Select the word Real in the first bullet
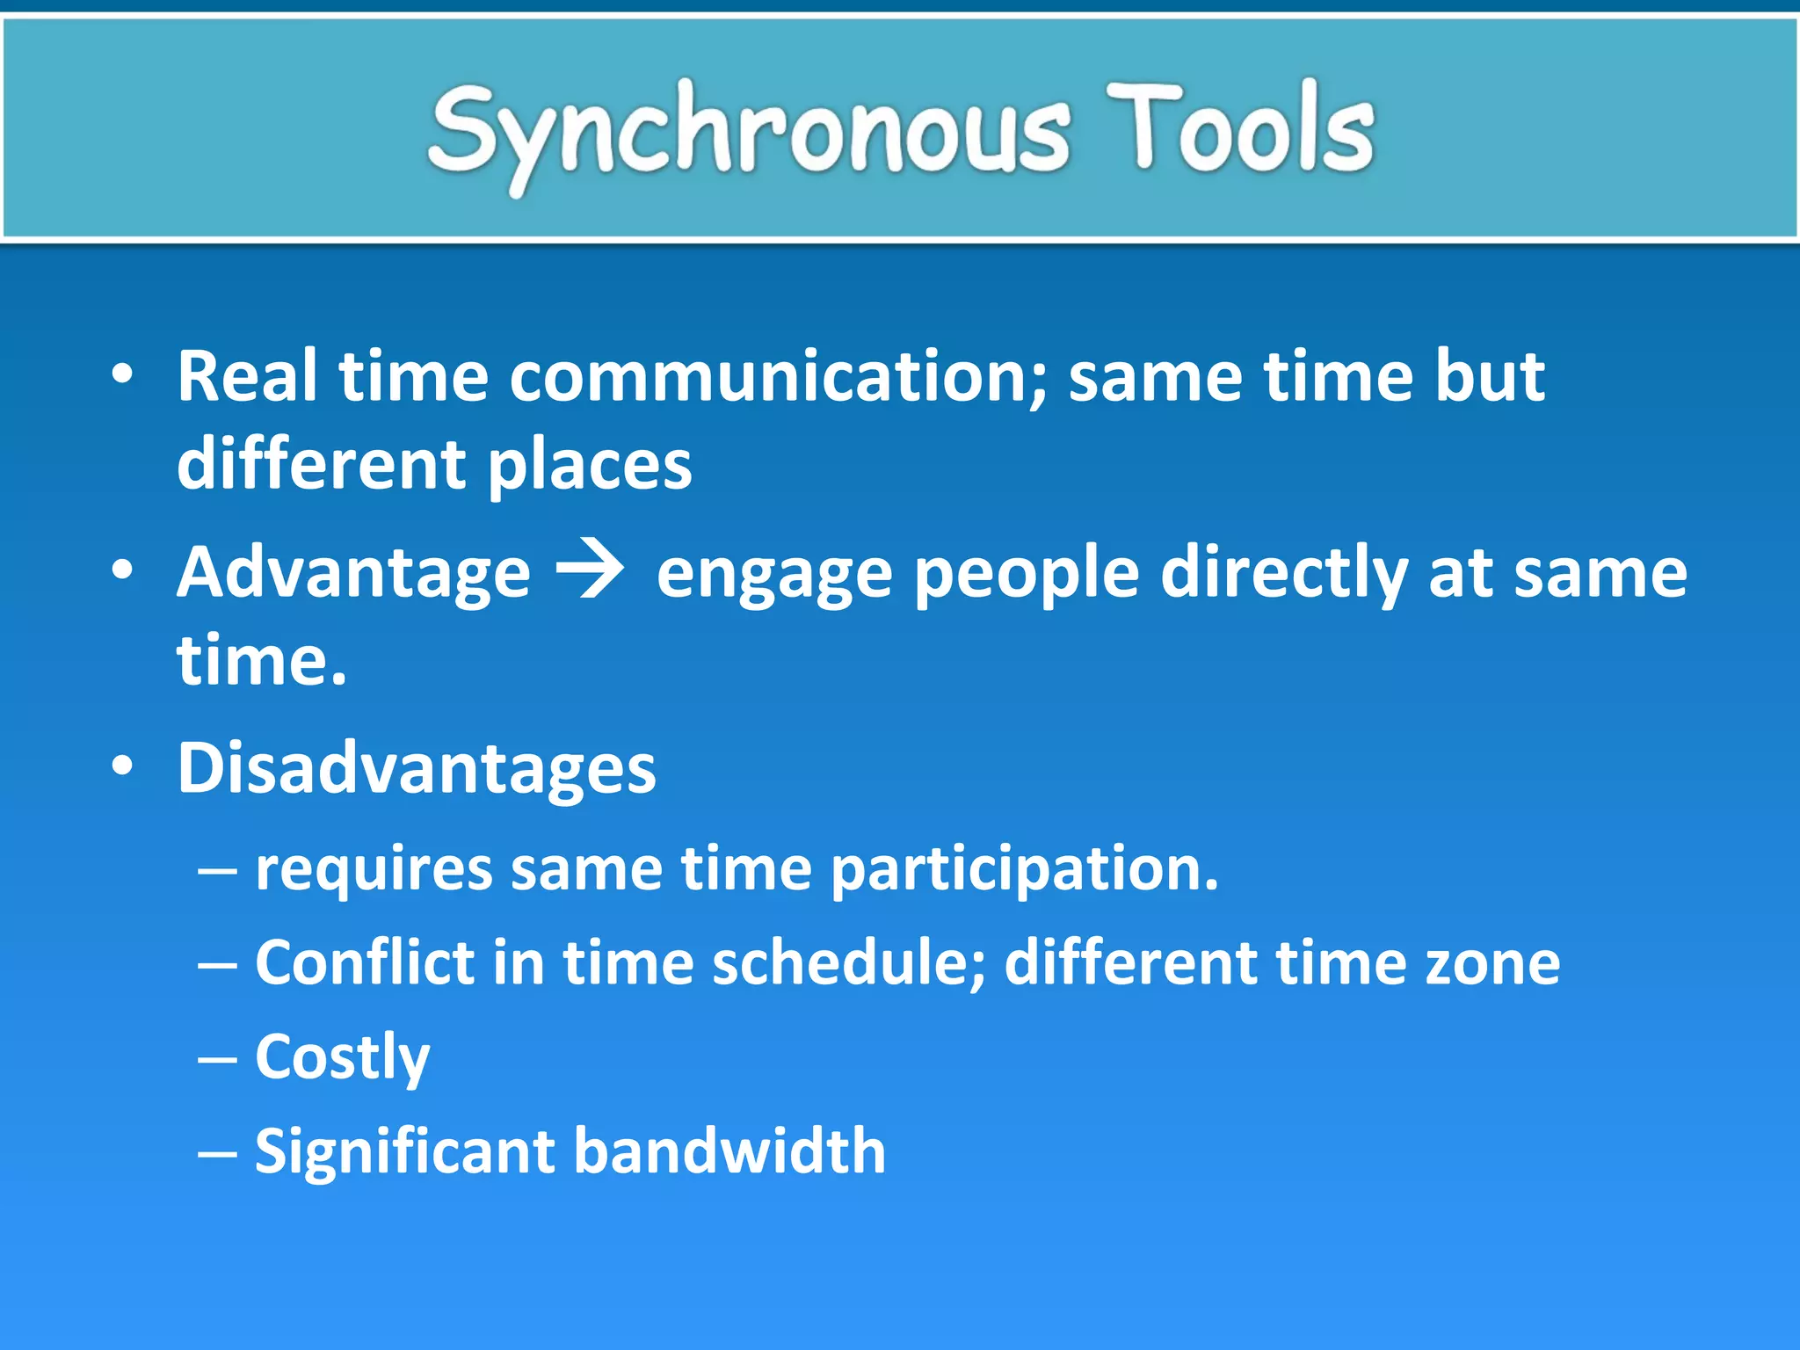pyautogui.click(x=247, y=377)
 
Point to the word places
pyautogui.click(x=589, y=466)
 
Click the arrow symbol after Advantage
pyautogui.click(x=592, y=571)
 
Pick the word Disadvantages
pyautogui.click(x=417, y=768)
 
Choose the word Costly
pyautogui.click(x=342, y=1058)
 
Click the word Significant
pyautogui.click(x=405, y=1152)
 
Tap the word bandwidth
pyautogui.click(x=729, y=1150)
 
